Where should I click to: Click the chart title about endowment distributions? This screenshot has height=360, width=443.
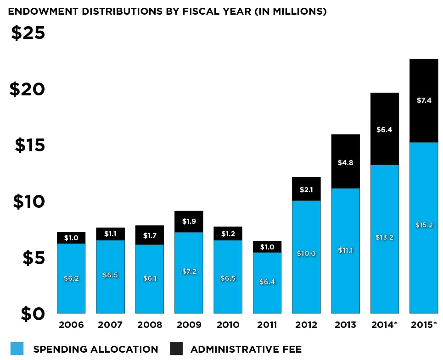click(x=167, y=11)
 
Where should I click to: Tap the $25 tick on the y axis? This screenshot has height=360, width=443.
click(x=28, y=33)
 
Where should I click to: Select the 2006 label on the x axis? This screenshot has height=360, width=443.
click(x=71, y=325)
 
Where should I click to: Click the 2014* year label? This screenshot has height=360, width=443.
click(x=385, y=325)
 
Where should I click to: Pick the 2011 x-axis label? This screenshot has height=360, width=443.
click(x=267, y=325)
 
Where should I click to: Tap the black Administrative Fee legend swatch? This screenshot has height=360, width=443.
click(x=176, y=349)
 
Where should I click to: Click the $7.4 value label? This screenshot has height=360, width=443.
click(x=424, y=100)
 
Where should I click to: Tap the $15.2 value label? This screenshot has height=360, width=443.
click(x=424, y=225)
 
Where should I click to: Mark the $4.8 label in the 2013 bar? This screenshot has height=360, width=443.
click(x=345, y=162)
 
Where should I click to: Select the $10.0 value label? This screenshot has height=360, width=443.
click(x=306, y=253)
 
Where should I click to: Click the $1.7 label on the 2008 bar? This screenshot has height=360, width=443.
click(x=150, y=236)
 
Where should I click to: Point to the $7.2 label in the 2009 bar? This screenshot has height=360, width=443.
click(x=189, y=271)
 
